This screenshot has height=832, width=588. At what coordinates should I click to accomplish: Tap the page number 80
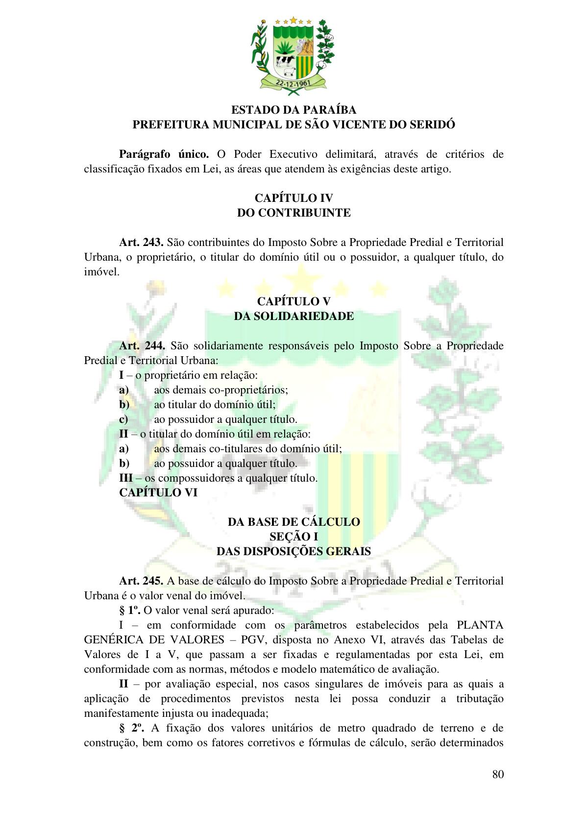(x=498, y=774)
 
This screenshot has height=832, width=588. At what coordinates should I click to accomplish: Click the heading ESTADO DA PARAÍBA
(x=294, y=110)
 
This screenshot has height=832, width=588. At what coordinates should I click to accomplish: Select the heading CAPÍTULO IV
(x=294, y=198)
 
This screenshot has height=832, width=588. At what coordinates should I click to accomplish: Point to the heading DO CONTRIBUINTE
(x=294, y=213)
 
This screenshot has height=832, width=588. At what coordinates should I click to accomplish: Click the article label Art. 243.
(x=141, y=243)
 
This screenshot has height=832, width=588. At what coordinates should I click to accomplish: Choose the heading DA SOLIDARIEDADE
(x=294, y=316)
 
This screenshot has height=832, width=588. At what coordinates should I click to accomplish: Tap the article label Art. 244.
(x=142, y=346)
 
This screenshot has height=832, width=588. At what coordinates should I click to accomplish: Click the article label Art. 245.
(x=141, y=581)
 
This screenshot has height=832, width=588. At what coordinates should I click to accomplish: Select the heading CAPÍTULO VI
(x=158, y=493)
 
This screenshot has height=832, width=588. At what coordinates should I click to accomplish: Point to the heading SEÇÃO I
(x=294, y=537)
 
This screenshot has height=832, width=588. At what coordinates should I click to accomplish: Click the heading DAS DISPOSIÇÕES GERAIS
(x=294, y=552)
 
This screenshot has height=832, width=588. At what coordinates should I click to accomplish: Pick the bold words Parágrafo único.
(x=164, y=154)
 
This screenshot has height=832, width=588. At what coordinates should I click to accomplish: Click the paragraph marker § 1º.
(x=130, y=611)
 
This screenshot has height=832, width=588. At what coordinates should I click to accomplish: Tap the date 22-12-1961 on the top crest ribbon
(x=293, y=83)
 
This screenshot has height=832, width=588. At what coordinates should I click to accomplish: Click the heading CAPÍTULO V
(x=294, y=301)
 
